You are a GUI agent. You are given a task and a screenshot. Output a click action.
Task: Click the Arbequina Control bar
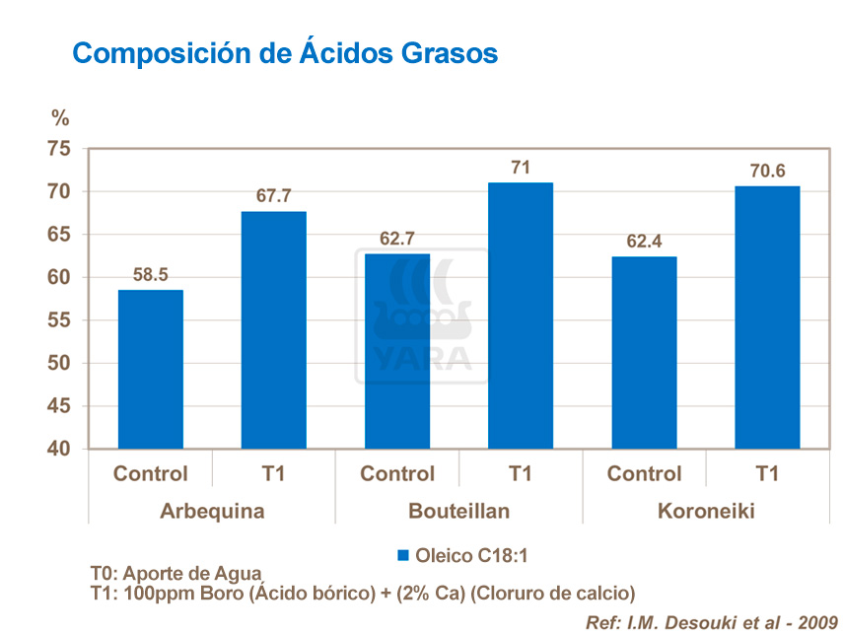150,370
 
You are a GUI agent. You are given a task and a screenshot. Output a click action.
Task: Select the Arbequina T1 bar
273,330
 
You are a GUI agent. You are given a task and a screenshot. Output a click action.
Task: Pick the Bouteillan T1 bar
520,316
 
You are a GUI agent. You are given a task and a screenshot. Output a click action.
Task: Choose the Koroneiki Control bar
643,353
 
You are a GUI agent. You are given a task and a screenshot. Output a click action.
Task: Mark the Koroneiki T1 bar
766,317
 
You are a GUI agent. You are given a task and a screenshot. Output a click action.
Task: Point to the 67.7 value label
273,196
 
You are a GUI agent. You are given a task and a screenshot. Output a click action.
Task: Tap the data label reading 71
520,168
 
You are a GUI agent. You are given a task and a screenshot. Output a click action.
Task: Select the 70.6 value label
766,171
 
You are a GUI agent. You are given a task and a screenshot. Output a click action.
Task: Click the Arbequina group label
211,512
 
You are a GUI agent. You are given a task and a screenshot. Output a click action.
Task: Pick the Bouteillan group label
457,512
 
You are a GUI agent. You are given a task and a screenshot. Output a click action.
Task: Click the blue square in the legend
403,556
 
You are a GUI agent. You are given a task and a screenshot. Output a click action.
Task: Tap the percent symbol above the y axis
61,118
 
